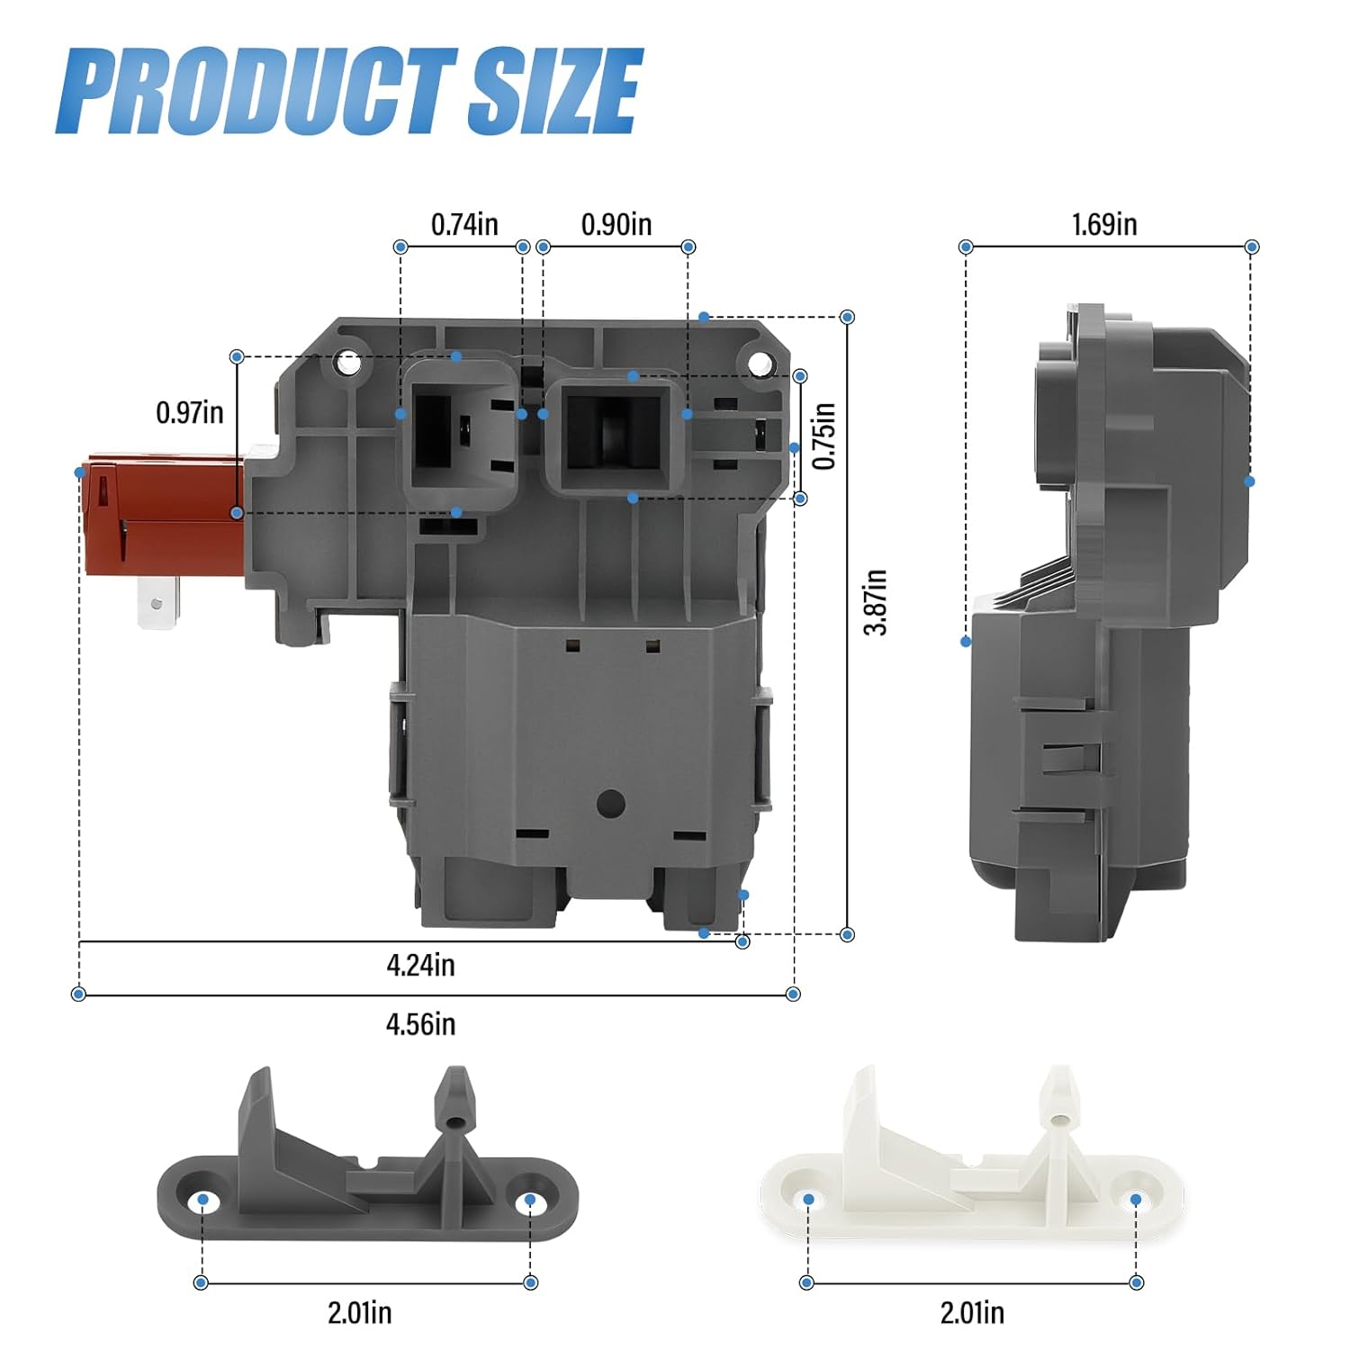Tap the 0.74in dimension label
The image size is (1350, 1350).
point(464,224)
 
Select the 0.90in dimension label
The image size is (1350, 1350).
point(616,224)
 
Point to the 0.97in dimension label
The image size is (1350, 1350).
point(190,412)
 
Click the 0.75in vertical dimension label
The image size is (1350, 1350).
point(824,436)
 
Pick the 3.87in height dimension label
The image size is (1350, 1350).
point(876,602)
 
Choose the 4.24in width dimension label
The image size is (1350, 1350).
point(421,965)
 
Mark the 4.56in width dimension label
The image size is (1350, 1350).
point(421,1024)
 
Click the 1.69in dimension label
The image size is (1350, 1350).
point(1104,224)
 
